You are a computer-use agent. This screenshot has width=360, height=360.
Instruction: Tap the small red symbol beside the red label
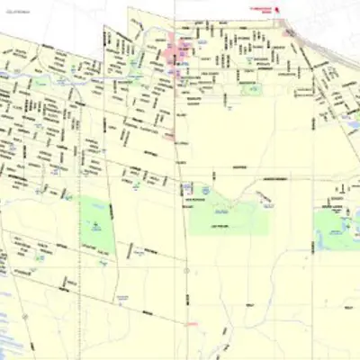click(x=278, y=11)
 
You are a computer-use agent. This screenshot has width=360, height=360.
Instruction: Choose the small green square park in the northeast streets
click(x=253, y=91)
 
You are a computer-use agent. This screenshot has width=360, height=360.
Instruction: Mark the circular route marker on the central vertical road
click(x=186, y=270)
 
